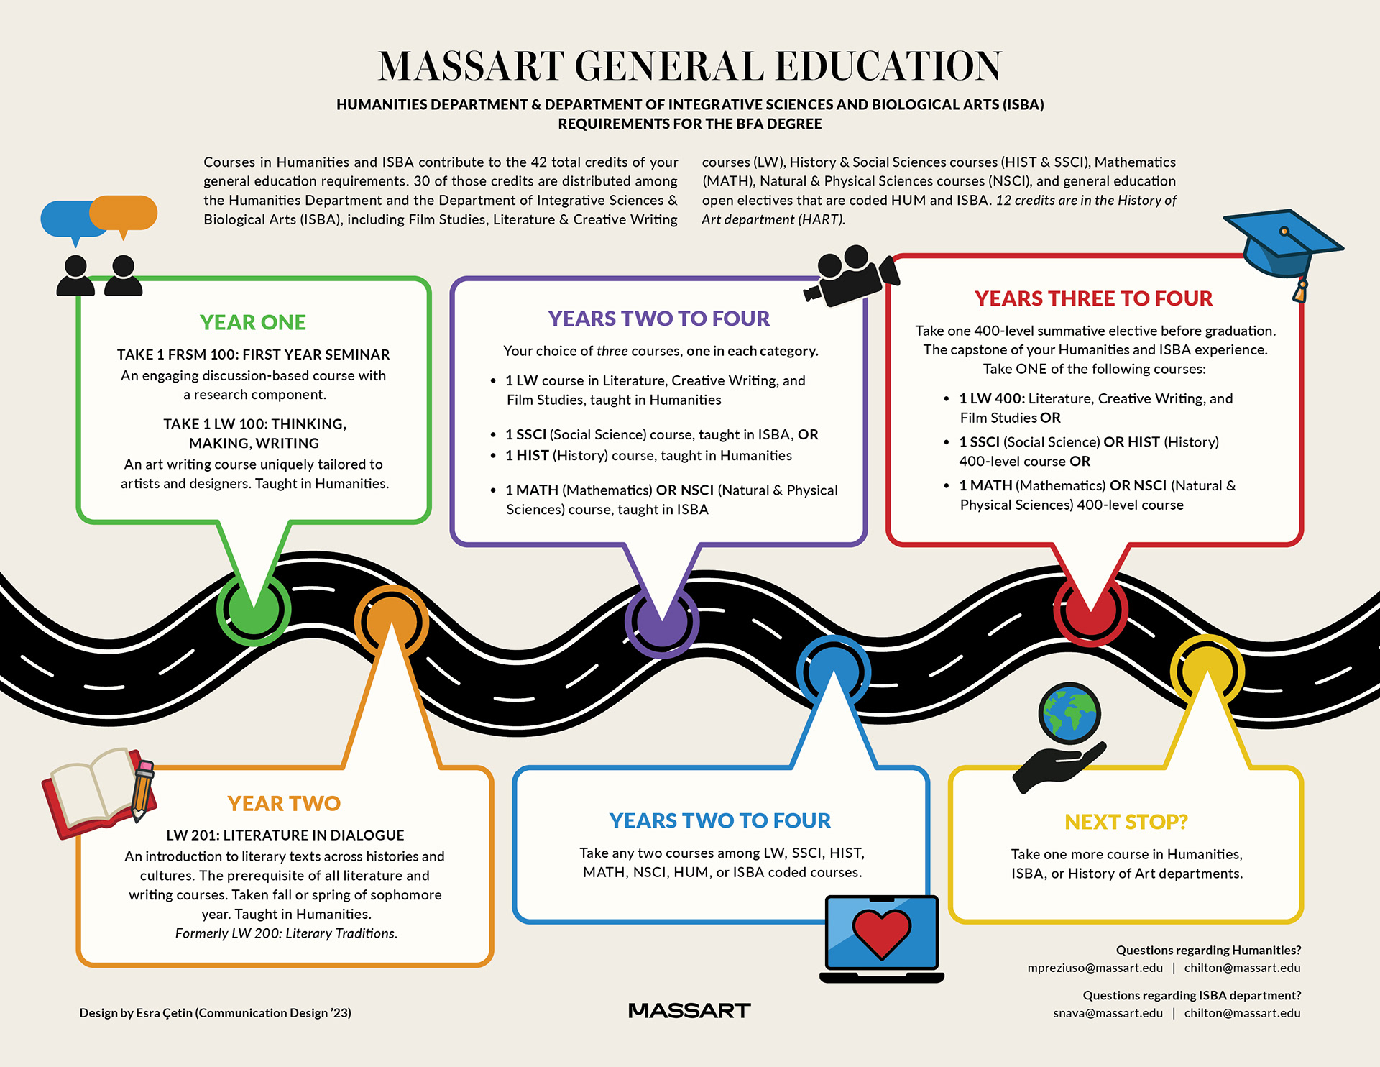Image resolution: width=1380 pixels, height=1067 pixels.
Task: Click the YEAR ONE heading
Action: [x=252, y=322]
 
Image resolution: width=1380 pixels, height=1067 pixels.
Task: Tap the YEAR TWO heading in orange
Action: [x=284, y=803]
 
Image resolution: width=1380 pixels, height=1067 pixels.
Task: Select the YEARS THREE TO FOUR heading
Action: [x=1093, y=298]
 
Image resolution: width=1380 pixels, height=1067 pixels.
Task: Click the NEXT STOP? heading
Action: [x=1126, y=821]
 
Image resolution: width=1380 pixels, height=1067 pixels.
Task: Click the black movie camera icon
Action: [x=852, y=277]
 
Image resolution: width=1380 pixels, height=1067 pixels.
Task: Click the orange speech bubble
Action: [x=124, y=213]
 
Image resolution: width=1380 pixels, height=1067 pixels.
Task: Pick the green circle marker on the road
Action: [x=254, y=610]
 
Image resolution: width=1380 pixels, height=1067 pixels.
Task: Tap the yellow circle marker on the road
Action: [x=1207, y=670]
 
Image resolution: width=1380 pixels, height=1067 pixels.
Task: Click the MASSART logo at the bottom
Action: [x=689, y=1011]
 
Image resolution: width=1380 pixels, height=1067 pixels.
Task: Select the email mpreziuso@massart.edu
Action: [x=1095, y=968]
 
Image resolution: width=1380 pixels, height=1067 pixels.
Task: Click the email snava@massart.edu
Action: [x=1108, y=1013]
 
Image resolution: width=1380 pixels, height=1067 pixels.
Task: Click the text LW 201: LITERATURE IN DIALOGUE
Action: [x=285, y=835]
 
